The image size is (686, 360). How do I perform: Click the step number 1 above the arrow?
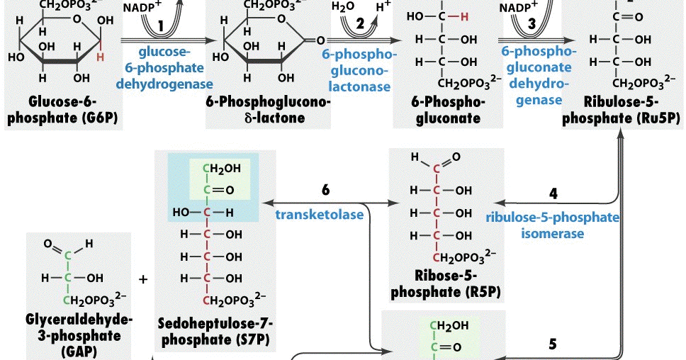(161, 25)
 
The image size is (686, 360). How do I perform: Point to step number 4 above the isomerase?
(553, 192)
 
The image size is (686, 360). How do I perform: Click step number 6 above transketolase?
(325, 191)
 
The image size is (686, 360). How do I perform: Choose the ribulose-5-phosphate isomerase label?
(552, 225)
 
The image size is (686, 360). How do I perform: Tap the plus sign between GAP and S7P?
(144, 279)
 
